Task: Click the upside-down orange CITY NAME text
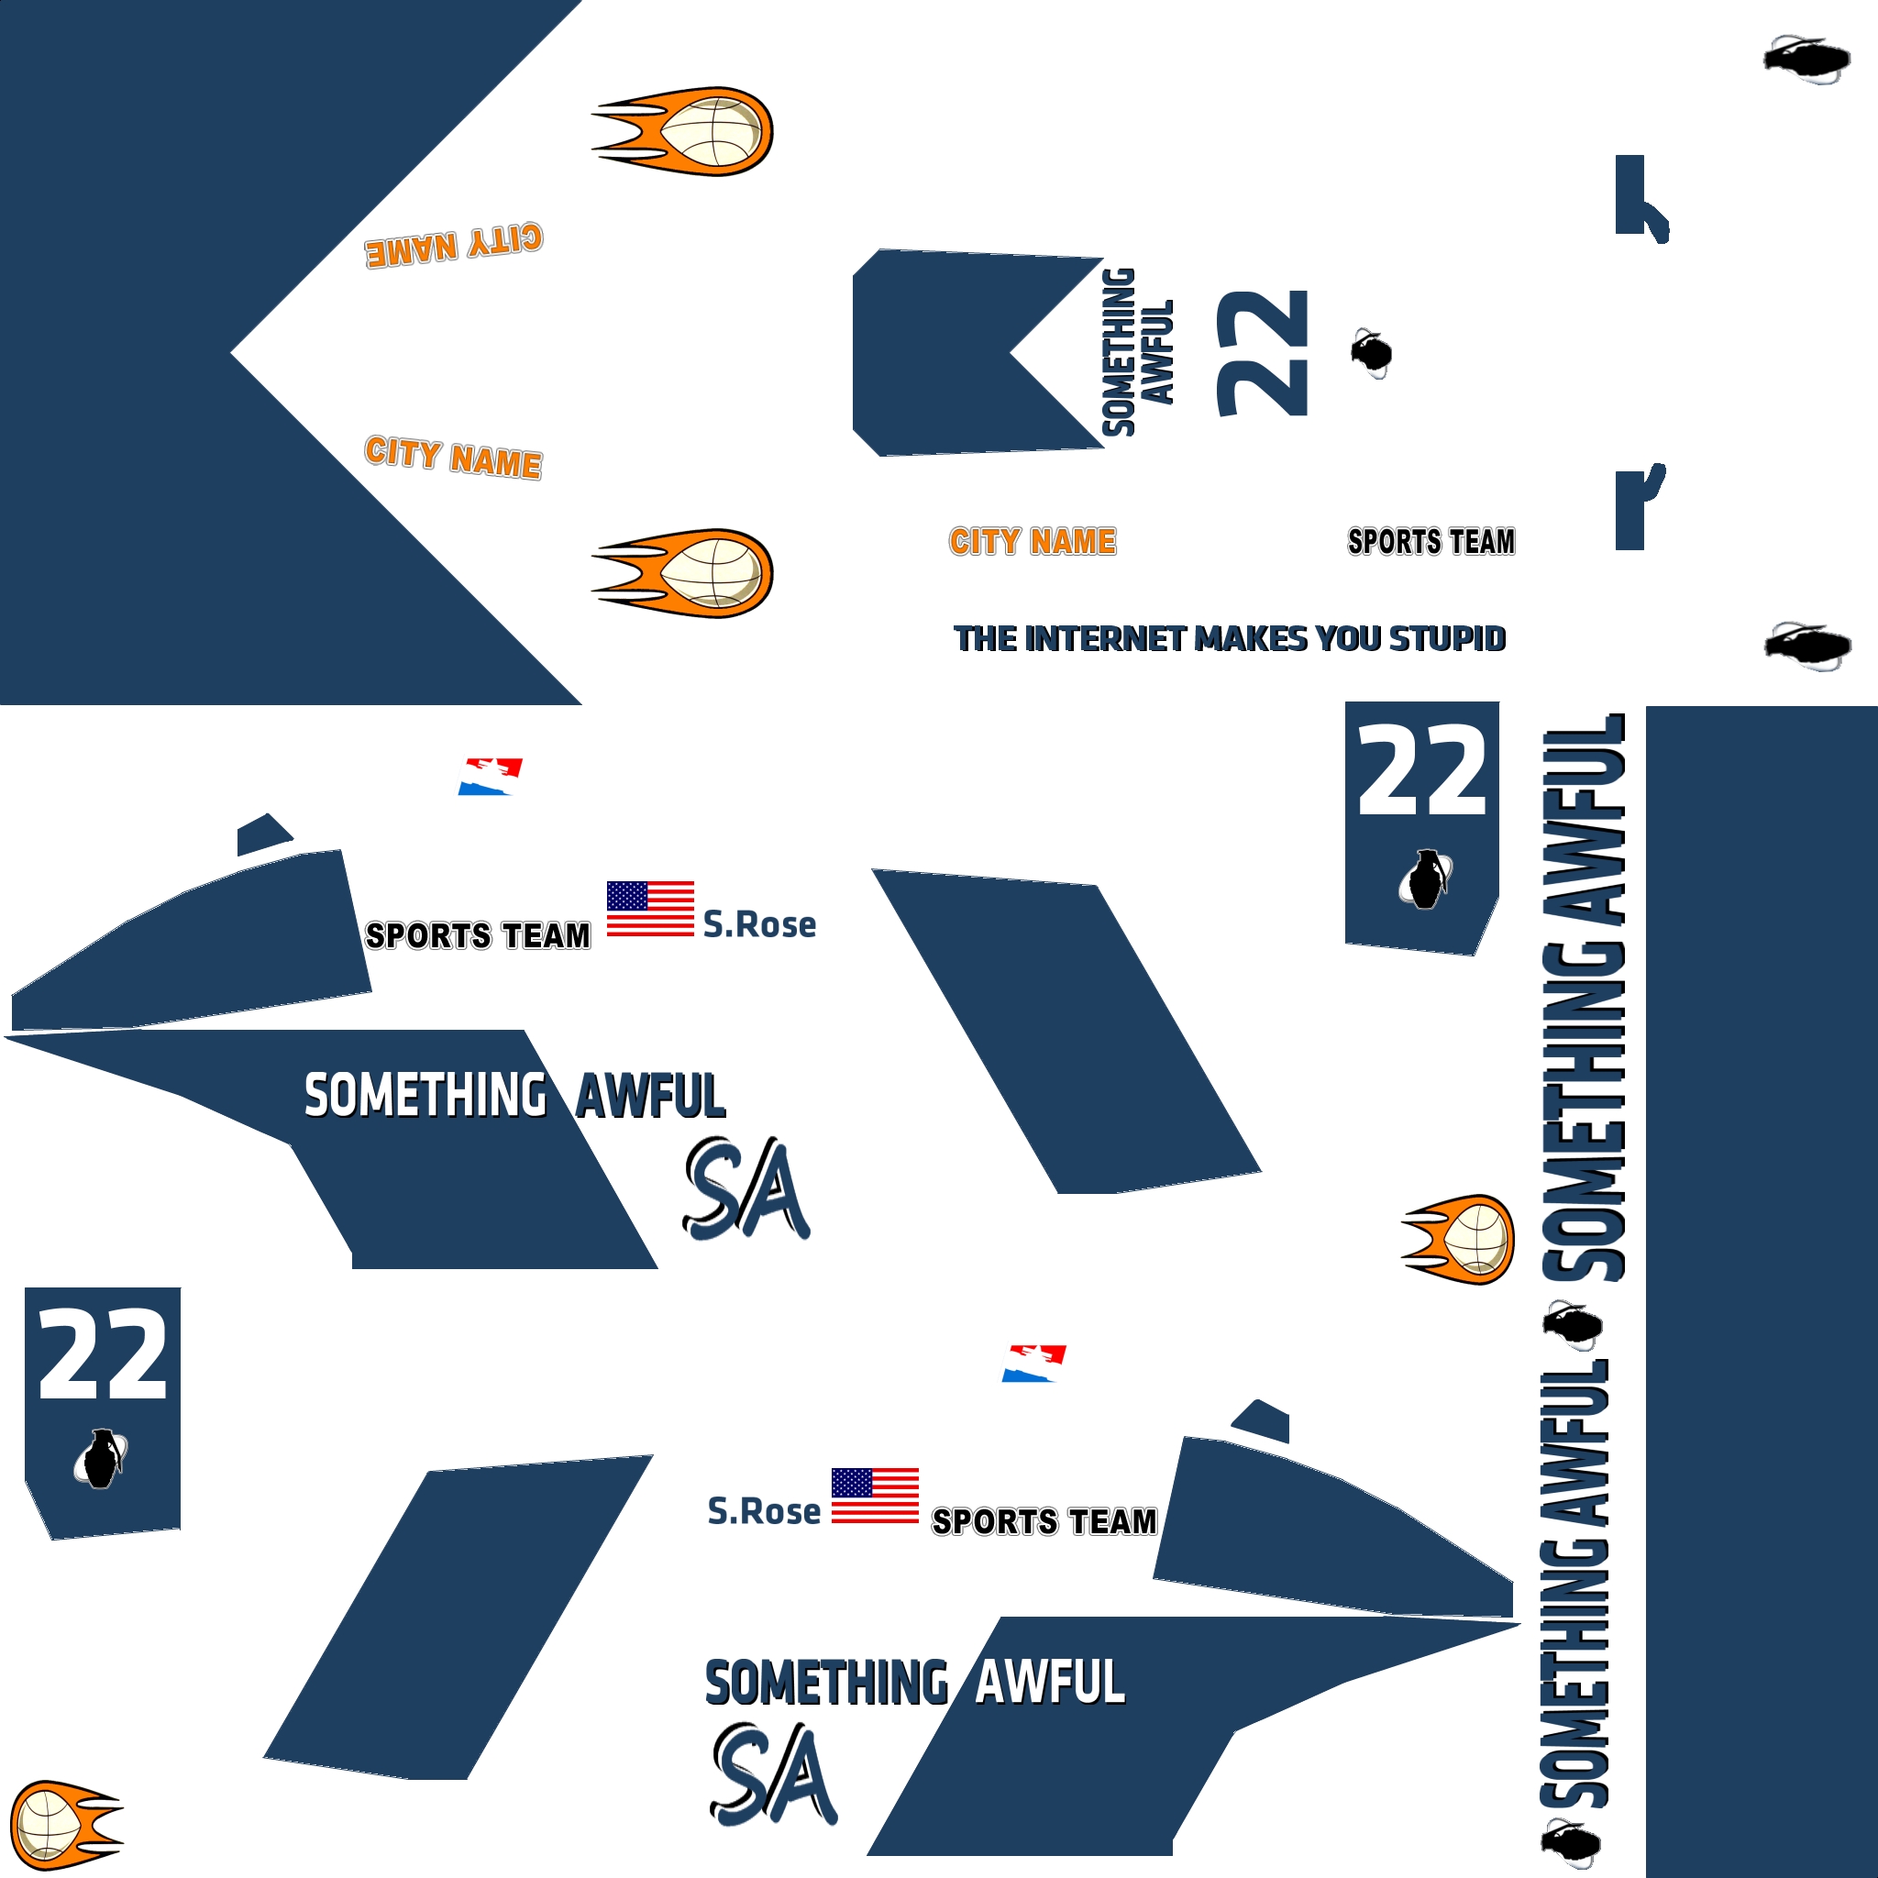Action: (454, 246)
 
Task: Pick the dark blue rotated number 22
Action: (1263, 353)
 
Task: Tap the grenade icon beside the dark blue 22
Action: (1372, 352)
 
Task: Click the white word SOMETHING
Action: (425, 1096)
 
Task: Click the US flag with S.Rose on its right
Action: (650, 909)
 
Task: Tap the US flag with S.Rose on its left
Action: (875, 1496)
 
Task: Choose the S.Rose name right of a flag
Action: (759, 924)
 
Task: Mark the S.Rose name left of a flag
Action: (764, 1511)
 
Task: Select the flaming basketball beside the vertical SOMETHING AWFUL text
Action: (1458, 1240)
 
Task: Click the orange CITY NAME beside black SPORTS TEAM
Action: (1033, 541)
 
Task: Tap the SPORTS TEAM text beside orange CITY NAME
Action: (1431, 541)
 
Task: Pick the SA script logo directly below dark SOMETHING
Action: (774, 1775)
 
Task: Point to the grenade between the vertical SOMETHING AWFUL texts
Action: (1572, 1325)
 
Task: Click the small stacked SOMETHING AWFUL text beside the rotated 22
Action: (1137, 352)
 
